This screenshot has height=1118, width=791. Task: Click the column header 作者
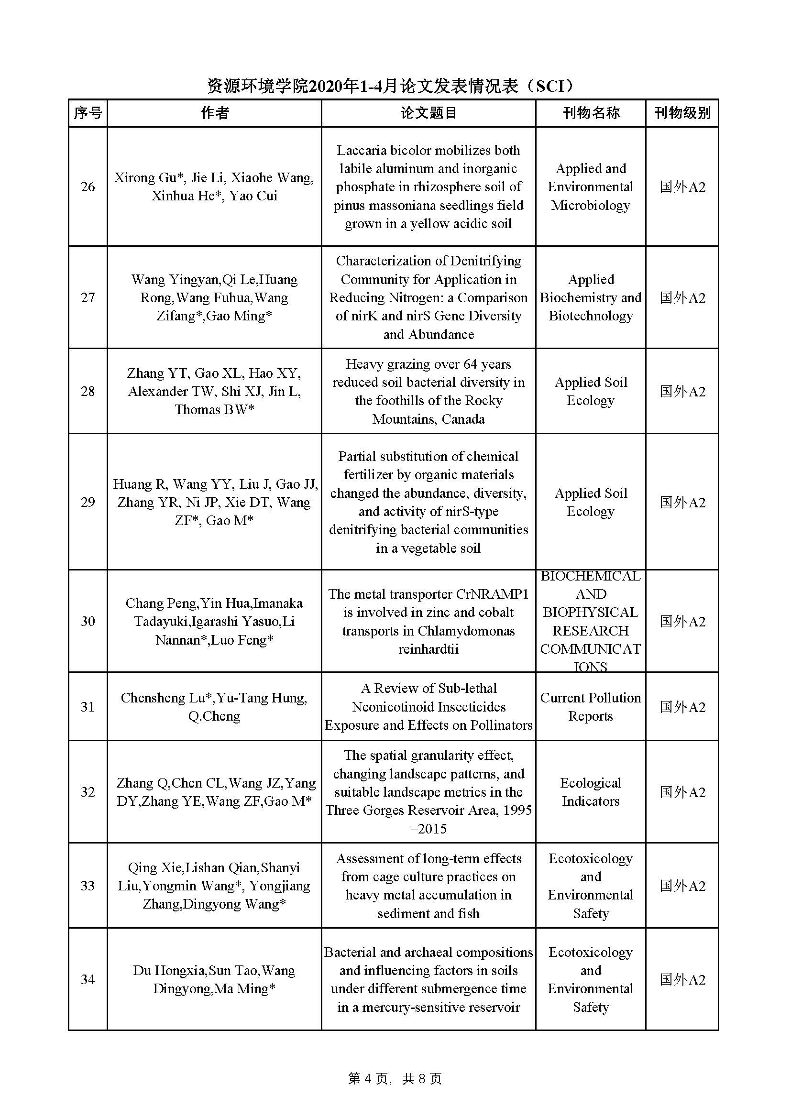(214, 113)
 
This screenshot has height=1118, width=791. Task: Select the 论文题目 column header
(428, 113)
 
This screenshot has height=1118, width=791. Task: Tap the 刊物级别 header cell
(682, 113)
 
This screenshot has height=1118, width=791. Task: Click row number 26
(88, 186)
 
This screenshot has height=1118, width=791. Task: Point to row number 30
(88, 621)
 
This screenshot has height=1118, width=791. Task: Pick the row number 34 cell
(88, 979)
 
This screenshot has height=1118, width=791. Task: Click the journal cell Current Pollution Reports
(590, 707)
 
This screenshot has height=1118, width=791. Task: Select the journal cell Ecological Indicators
(590, 792)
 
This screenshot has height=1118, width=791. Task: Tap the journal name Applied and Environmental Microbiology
(590, 186)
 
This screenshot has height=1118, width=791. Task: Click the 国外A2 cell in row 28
(682, 392)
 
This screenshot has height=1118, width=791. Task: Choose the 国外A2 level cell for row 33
(682, 886)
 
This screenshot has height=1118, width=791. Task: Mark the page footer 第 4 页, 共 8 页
(395, 1079)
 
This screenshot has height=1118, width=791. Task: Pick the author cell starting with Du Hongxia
(214, 979)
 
